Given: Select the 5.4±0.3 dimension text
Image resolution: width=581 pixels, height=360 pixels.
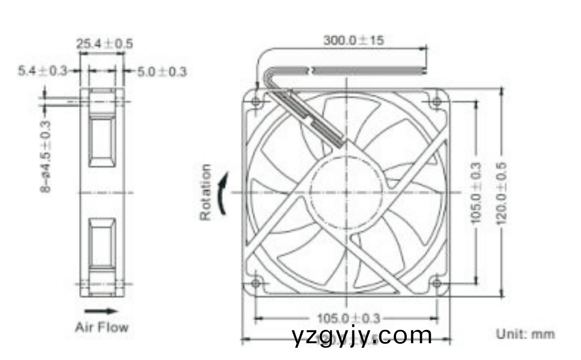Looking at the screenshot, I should click(x=42, y=71).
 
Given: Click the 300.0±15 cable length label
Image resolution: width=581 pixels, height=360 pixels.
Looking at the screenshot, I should click(x=354, y=40).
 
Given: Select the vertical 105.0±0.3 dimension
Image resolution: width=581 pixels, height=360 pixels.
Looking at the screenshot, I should click(x=476, y=192).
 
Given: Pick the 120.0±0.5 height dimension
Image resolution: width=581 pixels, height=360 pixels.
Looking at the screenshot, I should click(x=501, y=192).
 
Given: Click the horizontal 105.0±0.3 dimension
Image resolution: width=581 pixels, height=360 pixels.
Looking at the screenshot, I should click(x=348, y=318).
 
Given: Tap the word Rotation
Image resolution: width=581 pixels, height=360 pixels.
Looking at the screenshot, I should click(x=206, y=192).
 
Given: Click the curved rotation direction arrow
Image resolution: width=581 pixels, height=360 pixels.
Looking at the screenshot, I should click(x=223, y=193).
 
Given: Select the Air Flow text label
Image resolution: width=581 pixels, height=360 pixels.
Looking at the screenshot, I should click(x=102, y=327).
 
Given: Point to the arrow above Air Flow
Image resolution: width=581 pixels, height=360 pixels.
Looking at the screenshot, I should click(x=101, y=311).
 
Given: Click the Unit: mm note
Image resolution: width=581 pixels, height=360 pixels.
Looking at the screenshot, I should click(x=525, y=334).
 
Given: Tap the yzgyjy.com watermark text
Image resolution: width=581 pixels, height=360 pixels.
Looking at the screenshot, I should click(x=362, y=336).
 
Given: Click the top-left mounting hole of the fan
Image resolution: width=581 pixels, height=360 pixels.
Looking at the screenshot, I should click(x=256, y=102).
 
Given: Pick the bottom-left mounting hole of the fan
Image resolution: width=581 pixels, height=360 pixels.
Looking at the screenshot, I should click(x=256, y=283).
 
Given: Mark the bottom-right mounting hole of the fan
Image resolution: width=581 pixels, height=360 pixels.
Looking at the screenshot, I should click(x=437, y=283).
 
